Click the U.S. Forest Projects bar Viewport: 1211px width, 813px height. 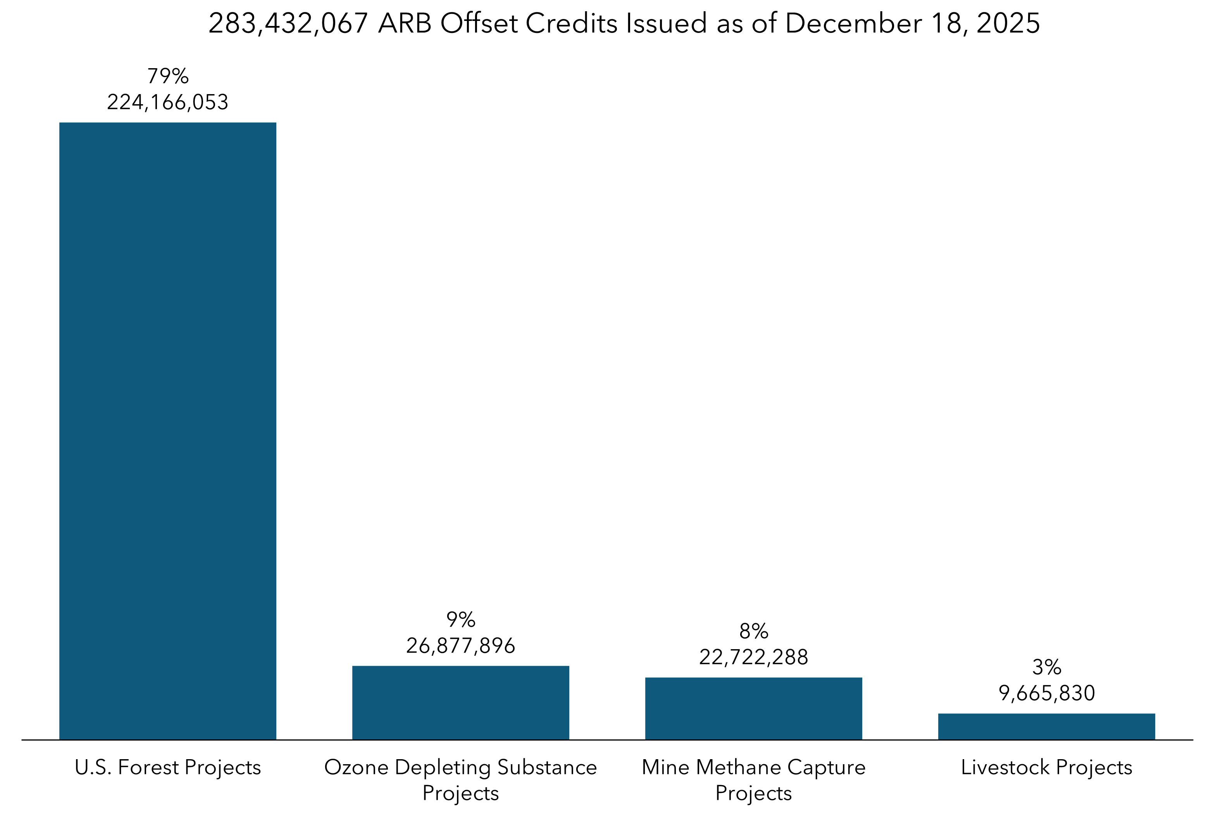167,430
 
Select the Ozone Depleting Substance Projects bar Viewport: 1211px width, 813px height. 460,703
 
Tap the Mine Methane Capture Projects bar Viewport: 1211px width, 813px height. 754,708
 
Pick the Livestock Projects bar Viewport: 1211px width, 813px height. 1047,726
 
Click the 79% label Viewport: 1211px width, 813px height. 167,76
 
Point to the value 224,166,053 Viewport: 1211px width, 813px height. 167,102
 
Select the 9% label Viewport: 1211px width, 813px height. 460,620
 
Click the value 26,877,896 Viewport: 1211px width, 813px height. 460,646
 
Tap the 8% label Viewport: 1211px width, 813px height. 754,631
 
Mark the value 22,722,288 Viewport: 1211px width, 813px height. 754,657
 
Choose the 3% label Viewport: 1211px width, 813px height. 1047,667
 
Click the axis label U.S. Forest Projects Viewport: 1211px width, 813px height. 167,767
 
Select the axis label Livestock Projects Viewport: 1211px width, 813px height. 1047,767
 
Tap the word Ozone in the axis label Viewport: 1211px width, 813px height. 356,767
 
